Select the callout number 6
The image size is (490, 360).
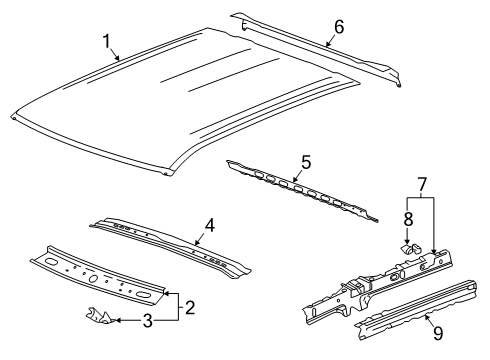[338, 28]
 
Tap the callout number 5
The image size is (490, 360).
[307, 159]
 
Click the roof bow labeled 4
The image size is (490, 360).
[170, 245]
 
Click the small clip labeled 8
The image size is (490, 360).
[407, 243]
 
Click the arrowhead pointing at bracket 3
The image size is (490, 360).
[112, 321]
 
